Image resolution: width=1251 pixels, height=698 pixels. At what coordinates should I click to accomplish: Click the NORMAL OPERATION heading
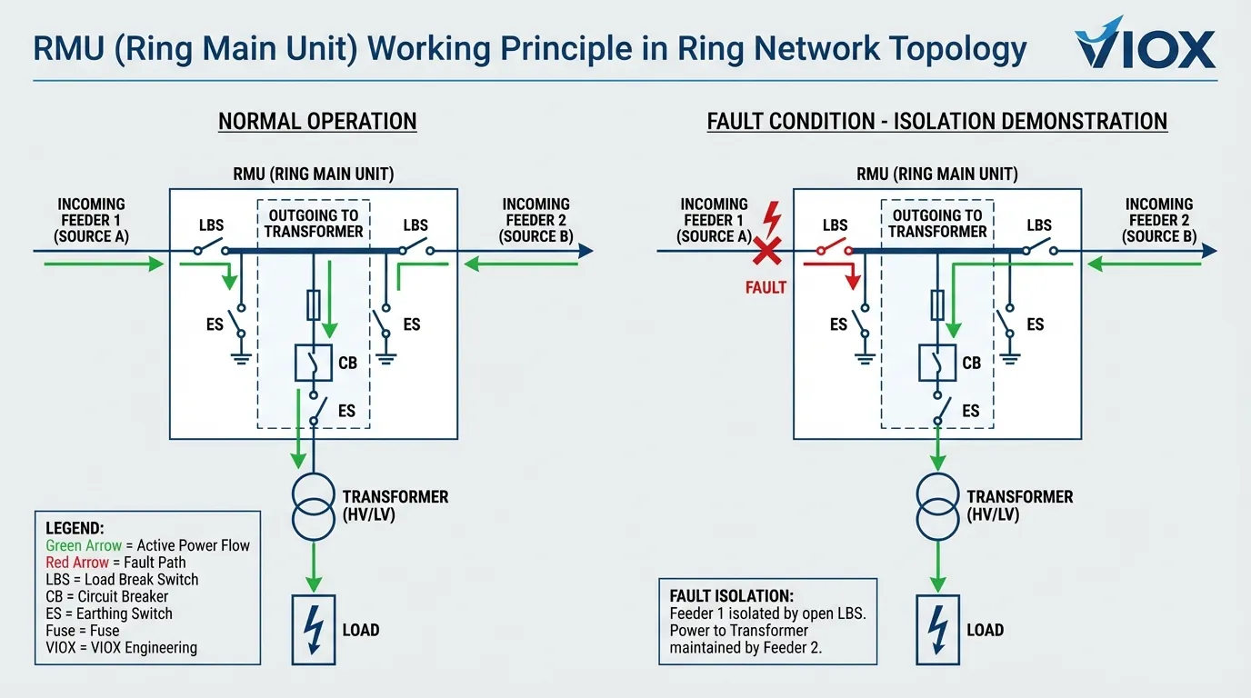(x=317, y=121)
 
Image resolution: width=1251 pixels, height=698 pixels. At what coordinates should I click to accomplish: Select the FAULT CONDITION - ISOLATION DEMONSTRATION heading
(x=936, y=121)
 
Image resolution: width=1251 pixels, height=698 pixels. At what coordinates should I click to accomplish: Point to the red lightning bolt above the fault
(x=774, y=218)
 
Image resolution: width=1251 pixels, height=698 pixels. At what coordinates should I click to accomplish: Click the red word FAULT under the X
(x=766, y=287)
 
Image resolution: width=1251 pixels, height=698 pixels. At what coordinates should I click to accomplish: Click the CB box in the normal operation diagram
(x=314, y=363)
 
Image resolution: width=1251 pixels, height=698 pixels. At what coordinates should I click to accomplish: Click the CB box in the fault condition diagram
(x=937, y=363)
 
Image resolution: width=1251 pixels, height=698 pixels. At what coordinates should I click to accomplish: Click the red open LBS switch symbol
(x=835, y=249)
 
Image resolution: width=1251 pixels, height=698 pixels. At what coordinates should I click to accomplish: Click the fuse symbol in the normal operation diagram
(x=314, y=305)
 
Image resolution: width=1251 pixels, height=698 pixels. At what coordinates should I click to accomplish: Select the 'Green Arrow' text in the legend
(x=84, y=545)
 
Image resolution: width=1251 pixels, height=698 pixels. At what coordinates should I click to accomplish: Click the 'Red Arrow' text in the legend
(x=77, y=563)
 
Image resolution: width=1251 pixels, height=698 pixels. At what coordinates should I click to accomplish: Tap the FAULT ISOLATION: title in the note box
(x=731, y=596)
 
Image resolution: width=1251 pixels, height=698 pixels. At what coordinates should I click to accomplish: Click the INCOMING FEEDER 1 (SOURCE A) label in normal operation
(x=91, y=220)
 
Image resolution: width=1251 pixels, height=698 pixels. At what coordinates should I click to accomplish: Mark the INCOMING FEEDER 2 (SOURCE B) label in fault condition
(x=1158, y=220)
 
